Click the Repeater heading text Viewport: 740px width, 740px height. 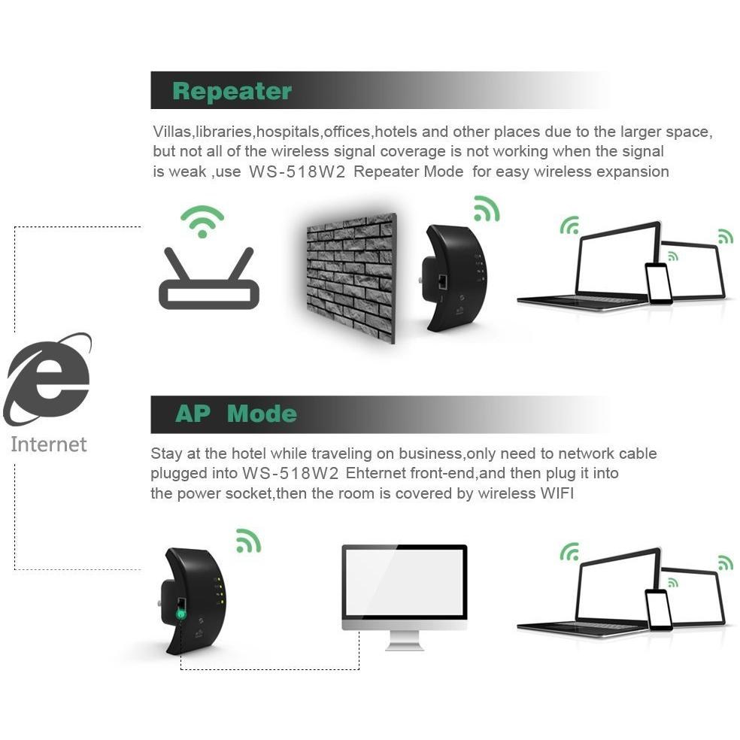(232, 91)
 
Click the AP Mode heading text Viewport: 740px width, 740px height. (236, 414)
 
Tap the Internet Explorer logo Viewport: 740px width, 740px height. (47, 379)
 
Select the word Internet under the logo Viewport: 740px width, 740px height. (49, 444)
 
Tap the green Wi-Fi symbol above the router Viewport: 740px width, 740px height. (202, 221)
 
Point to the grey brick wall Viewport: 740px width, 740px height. (351, 278)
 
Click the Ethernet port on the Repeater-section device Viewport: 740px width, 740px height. (443, 281)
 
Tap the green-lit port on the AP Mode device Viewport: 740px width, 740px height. (181, 614)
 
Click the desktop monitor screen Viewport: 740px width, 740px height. (405, 582)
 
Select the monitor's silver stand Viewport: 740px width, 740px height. (405, 641)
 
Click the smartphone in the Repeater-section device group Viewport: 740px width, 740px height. (658, 284)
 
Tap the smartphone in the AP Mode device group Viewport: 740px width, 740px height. (658, 610)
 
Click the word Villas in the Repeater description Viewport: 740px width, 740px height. (171, 132)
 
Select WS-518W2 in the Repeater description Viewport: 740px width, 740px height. (297, 171)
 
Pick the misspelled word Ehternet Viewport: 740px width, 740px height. (376, 473)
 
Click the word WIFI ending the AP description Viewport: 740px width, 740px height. (557, 493)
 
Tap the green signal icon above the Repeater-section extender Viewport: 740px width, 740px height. (487, 208)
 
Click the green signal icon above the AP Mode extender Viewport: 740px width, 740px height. (248, 541)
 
